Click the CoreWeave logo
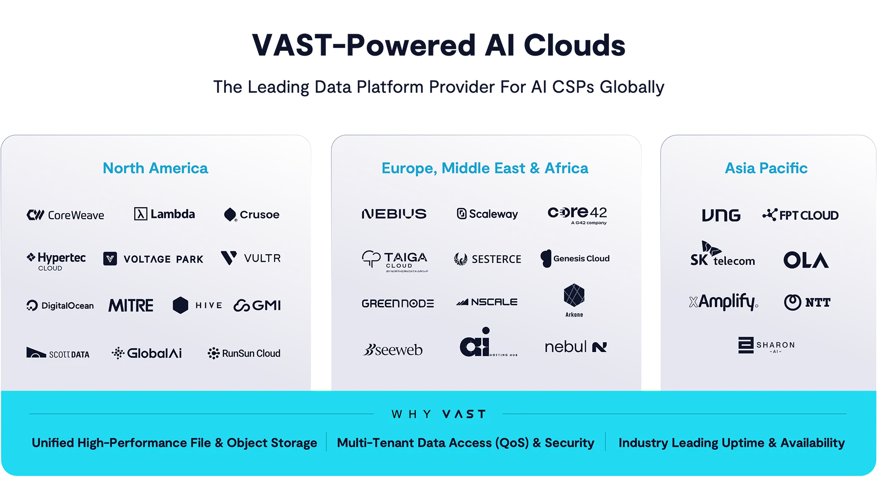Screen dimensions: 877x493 pyautogui.click(x=65, y=215)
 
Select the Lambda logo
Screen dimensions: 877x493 pyautogui.click(x=164, y=214)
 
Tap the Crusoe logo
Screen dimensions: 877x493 pyautogui.click(x=252, y=215)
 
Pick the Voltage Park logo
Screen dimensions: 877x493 pyautogui.click(x=153, y=259)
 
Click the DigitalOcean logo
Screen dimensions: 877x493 pyautogui.click(x=60, y=305)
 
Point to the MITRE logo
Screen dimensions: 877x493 pyautogui.click(x=131, y=305)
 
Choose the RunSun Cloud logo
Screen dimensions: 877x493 pyautogui.click(x=244, y=353)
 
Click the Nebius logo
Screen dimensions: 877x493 pyautogui.click(x=394, y=214)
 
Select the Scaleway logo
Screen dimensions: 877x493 pyautogui.click(x=487, y=214)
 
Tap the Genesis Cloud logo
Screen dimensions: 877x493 pyautogui.click(x=575, y=258)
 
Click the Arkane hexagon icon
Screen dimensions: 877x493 pyautogui.click(x=574, y=295)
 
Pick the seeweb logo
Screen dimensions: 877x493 pyautogui.click(x=393, y=350)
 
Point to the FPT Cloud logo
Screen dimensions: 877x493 pyautogui.click(x=800, y=215)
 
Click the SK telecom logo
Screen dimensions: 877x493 pyautogui.click(x=723, y=254)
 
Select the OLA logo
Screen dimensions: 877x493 pyautogui.click(x=806, y=260)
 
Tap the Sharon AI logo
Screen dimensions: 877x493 pyautogui.click(x=766, y=345)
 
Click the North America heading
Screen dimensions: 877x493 pyautogui.click(x=155, y=168)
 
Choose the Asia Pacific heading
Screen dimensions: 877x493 pyautogui.click(x=766, y=168)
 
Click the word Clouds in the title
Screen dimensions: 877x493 pyautogui.click(x=575, y=45)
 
